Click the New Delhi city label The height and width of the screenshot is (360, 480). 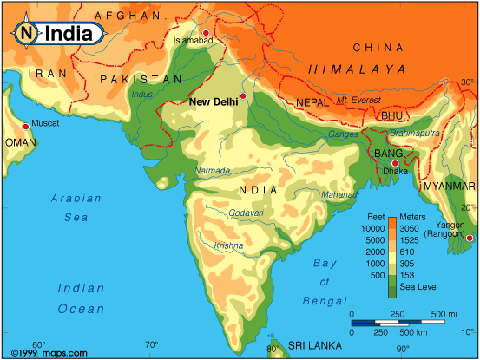point(214,101)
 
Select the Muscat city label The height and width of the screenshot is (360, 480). point(44,123)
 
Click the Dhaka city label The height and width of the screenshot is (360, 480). point(396,172)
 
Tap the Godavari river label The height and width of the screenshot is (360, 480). point(246,213)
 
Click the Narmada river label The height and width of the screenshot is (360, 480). point(212,170)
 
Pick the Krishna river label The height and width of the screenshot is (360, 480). point(228,245)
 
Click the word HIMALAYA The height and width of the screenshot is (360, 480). point(357,69)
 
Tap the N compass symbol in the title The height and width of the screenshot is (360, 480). point(27,33)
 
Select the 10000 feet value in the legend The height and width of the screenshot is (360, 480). point(371,227)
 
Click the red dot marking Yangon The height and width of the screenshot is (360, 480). point(470,239)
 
